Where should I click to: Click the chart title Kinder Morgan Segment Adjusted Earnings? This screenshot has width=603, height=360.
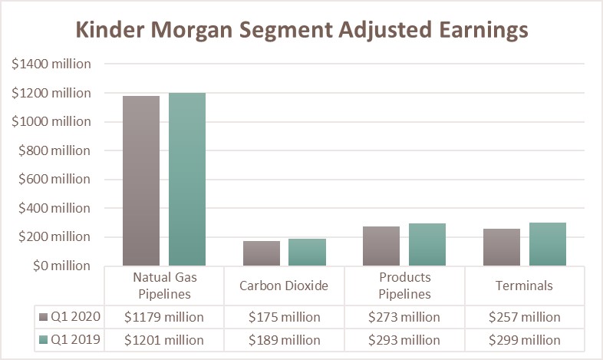coord(301,30)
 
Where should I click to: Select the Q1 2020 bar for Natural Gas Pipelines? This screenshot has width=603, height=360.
coord(141,181)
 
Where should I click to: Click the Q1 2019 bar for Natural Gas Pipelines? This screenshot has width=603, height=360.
coord(187,180)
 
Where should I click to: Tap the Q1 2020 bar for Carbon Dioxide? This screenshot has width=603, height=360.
coord(262,253)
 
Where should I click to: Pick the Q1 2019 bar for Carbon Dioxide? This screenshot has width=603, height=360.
coord(307,253)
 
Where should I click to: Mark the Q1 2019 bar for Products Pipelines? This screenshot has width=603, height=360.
coord(427,245)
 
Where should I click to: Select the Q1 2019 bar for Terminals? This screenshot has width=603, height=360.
coord(548,244)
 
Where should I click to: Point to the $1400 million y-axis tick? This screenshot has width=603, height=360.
coord(51,64)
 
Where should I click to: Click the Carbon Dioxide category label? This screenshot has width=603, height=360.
coord(284,286)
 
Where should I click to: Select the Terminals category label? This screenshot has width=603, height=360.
coord(524,286)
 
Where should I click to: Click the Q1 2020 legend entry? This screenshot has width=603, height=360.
coord(67,317)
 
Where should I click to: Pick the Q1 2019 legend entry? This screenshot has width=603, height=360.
coord(67,340)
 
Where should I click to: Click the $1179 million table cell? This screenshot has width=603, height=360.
coord(164,317)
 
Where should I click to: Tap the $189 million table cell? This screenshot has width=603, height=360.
coord(284,340)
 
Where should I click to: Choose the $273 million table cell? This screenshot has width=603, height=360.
coord(404,317)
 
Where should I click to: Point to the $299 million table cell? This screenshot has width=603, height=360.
coord(524,340)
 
